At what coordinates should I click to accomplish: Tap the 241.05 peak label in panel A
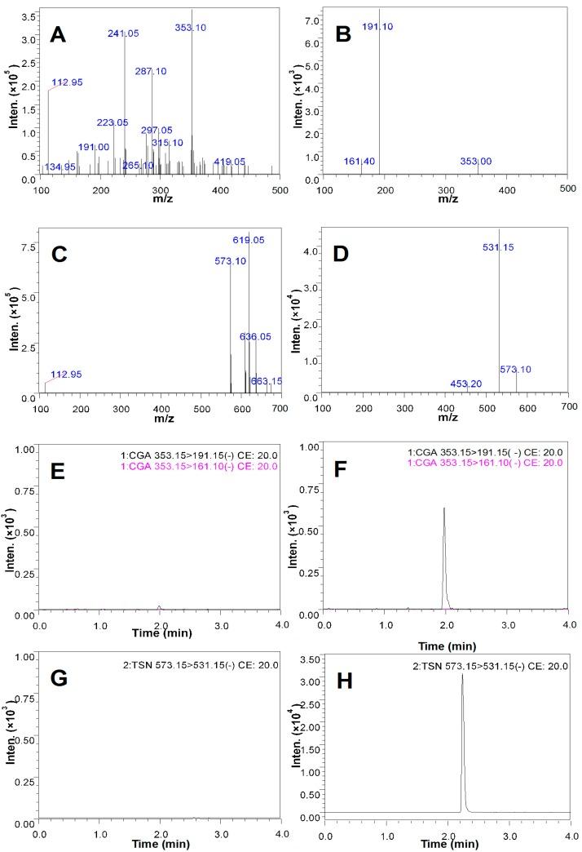click(x=124, y=33)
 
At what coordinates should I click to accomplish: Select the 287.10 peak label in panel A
click(x=151, y=71)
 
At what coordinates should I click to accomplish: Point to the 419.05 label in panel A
click(x=229, y=162)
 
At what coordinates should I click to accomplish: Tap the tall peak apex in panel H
click(x=462, y=674)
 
